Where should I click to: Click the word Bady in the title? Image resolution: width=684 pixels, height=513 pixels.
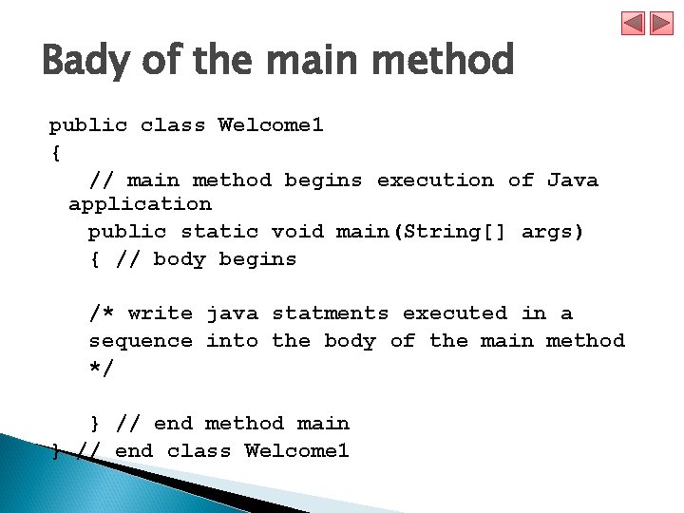point(86,62)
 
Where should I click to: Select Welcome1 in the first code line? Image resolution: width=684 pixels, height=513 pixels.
point(271,125)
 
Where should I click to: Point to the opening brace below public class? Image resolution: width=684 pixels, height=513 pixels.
point(54,152)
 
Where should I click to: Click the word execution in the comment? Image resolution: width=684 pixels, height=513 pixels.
point(435,180)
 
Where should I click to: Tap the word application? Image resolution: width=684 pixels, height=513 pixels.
point(140,204)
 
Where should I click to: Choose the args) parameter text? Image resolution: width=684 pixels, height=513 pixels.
point(552,231)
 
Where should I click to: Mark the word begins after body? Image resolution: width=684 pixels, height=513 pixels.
point(257,258)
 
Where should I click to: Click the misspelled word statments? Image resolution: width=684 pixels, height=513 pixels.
point(330,313)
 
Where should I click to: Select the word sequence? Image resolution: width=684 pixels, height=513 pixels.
point(140,340)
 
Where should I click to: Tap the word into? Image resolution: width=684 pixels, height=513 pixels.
point(232,340)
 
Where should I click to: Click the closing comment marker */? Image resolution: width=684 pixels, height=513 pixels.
point(101,368)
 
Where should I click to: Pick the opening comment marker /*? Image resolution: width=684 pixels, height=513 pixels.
point(101,313)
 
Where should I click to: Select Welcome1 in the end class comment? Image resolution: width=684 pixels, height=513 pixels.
point(296,450)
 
